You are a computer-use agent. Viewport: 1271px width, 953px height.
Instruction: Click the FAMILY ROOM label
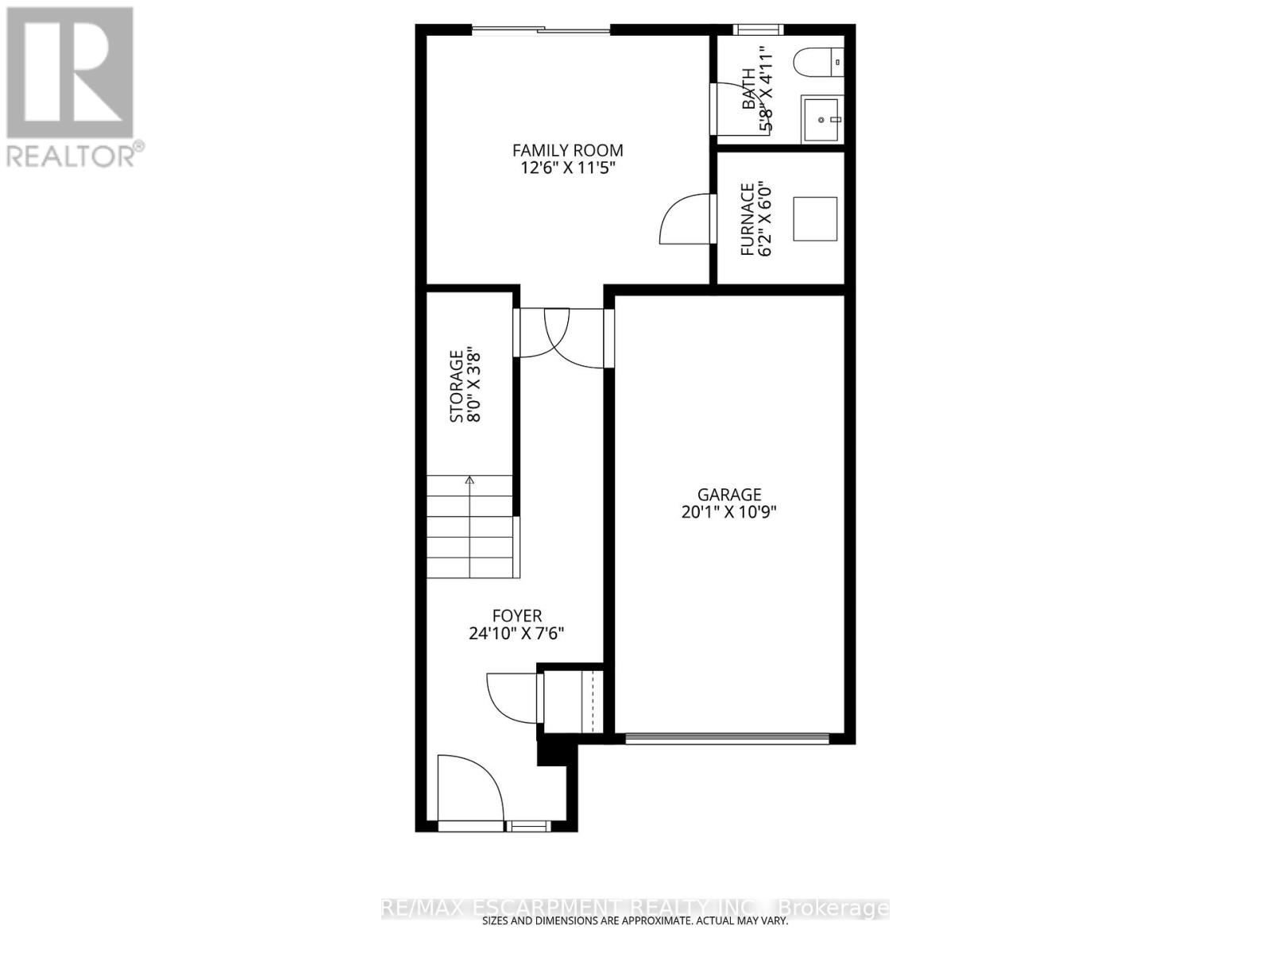[567, 150]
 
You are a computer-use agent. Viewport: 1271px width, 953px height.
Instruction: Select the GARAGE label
[728, 495]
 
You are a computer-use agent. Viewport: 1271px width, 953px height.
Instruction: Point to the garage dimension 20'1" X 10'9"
[728, 513]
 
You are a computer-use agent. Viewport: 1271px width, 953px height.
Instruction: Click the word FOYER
[517, 616]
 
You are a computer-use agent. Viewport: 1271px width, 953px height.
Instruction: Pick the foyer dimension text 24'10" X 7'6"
[517, 635]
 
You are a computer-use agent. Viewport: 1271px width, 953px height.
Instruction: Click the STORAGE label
[457, 386]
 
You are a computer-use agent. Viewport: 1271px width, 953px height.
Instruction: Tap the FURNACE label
[747, 219]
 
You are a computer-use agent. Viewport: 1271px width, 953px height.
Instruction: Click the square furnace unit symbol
[815, 219]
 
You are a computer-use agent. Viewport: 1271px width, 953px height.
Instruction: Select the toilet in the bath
[818, 61]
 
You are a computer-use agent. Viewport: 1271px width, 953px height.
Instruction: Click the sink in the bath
[821, 119]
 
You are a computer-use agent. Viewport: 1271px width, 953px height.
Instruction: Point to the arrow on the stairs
[469, 480]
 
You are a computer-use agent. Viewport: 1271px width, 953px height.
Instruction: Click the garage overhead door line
[727, 739]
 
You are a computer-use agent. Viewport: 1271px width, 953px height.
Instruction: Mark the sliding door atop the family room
[542, 30]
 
